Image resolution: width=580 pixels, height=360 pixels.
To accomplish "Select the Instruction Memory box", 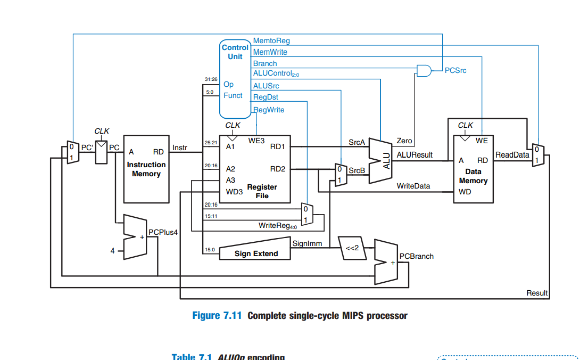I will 146,169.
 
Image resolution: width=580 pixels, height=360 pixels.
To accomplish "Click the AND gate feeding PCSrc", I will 424,70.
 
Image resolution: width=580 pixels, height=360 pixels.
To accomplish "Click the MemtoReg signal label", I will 271,41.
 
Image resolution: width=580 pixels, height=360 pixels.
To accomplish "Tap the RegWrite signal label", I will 269,110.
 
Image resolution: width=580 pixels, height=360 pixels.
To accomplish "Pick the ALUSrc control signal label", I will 266,86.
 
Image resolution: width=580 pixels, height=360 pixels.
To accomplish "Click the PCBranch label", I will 417,256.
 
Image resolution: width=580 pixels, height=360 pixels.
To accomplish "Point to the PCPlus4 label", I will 162,232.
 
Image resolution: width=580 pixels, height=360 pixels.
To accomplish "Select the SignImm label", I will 304,243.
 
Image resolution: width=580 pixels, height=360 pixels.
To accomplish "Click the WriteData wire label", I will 413,186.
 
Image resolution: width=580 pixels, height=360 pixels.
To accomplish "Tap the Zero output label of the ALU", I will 404,141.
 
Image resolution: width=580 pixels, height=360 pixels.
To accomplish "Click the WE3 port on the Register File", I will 256,141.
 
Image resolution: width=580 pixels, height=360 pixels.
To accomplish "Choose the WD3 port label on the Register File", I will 234,191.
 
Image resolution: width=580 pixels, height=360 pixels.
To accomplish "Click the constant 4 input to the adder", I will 113,250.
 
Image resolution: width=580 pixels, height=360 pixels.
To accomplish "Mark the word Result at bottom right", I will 537,293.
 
